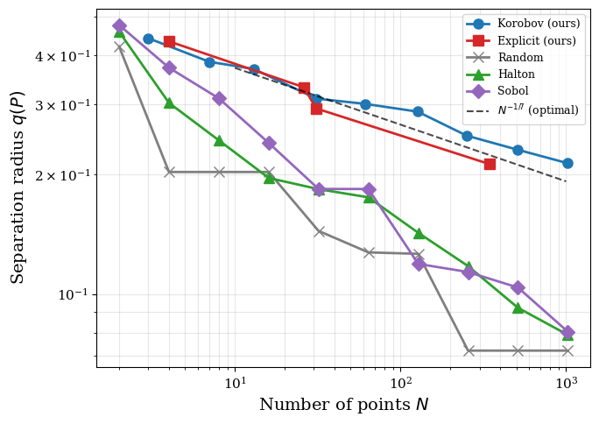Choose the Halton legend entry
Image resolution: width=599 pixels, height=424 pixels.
[516, 74]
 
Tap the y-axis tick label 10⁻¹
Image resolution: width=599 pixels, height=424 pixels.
[74, 294]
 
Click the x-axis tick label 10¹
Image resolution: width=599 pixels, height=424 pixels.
[234, 383]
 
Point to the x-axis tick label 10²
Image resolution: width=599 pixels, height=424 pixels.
[400, 383]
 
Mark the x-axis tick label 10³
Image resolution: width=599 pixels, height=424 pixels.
[566, 383]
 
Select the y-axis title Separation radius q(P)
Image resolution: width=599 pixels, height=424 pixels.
[18, 187]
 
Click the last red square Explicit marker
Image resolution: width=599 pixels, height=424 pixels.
[490, 164]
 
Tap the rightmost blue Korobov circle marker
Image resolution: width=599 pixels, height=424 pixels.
[567, 163]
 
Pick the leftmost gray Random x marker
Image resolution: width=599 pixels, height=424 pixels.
[119, 46]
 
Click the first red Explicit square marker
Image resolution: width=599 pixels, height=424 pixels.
[169, 41]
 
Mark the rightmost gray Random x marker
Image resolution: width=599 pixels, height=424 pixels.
[567, 350]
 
